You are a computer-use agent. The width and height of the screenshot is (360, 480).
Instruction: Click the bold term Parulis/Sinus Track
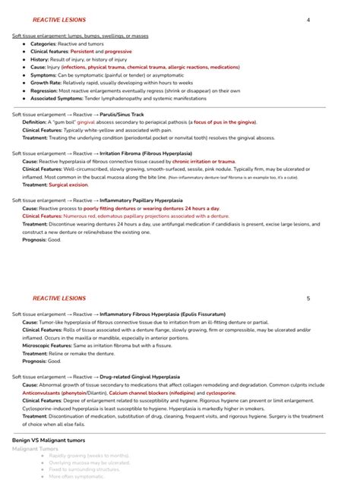click(123, 115)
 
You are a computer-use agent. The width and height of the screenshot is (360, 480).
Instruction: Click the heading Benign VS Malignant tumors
click(49, 440)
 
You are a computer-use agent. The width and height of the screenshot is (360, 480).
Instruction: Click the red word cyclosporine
click(221, 393)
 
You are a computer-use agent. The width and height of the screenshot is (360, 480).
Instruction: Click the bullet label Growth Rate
click(47, 83)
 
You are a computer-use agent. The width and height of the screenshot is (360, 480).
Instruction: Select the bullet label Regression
click(45, 90)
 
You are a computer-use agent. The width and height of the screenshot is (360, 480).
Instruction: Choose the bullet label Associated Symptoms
click(58, 98)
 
